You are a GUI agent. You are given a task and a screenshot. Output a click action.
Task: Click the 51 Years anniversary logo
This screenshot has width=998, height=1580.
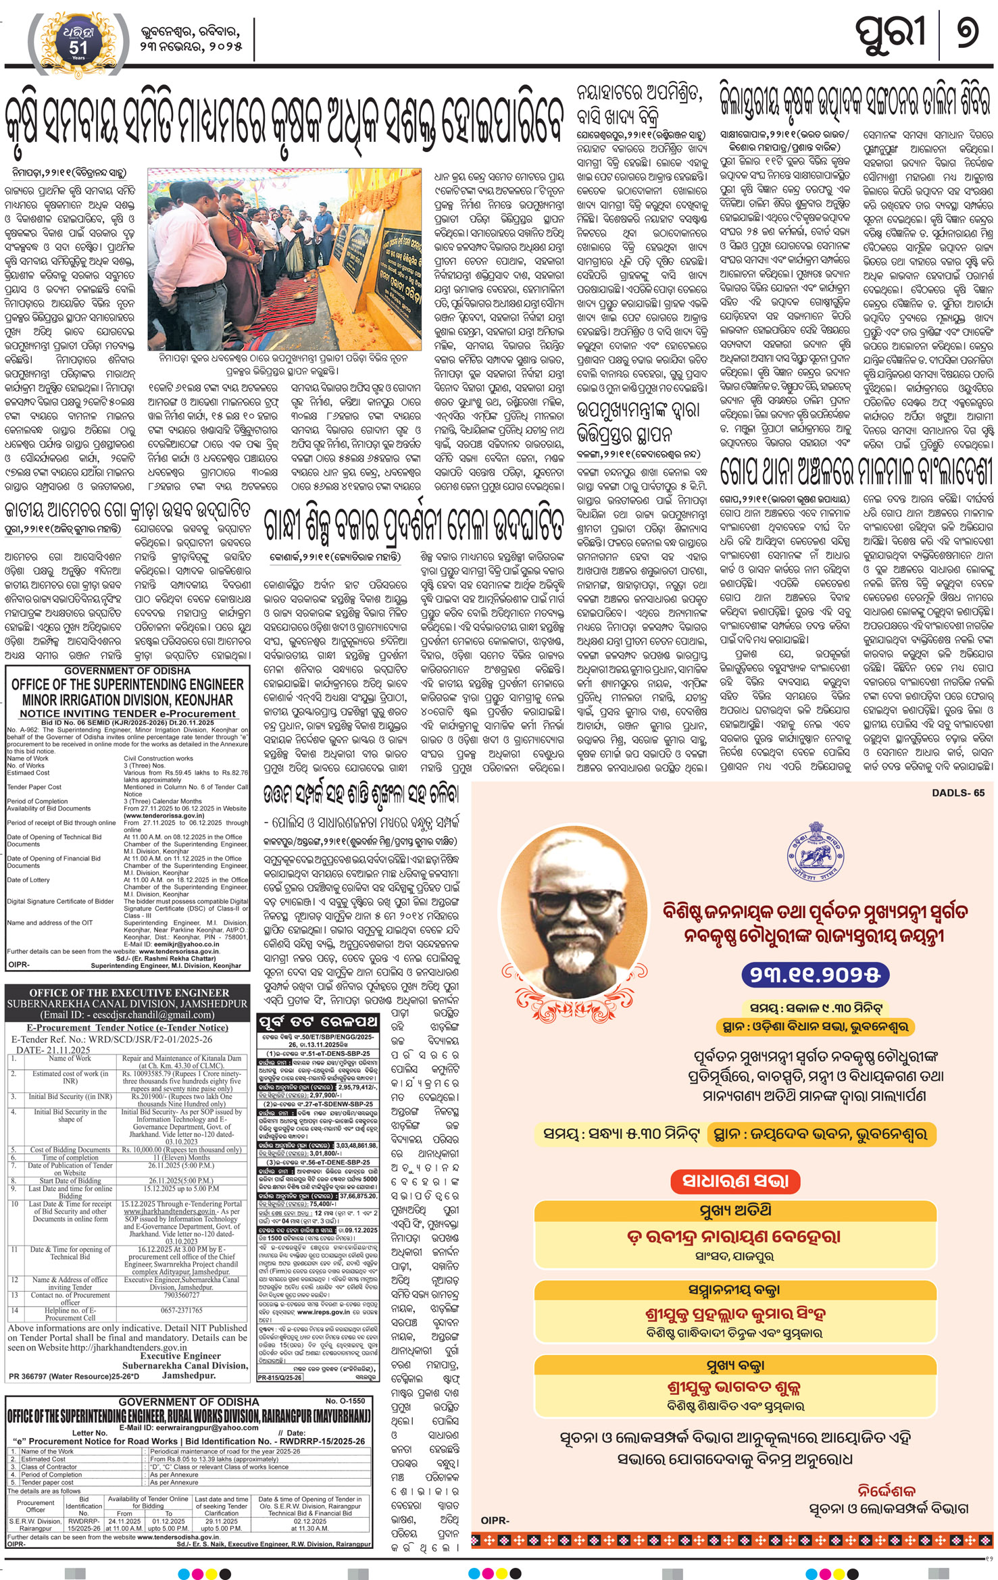click(x=78, y=40)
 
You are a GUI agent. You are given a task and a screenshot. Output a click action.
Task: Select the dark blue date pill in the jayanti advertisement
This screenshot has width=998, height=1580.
click(x=814, y=974)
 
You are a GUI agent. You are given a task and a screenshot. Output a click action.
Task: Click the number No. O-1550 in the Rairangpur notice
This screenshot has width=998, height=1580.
click(x=345, y=1401)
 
